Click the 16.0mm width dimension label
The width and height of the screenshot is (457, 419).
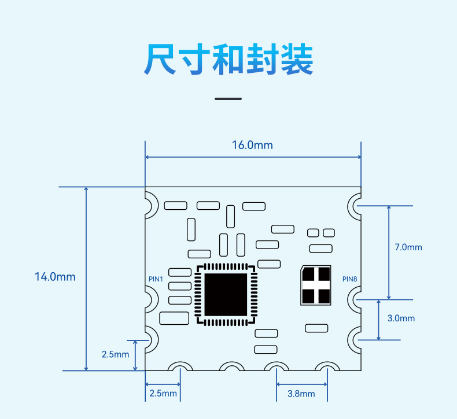(252, 145)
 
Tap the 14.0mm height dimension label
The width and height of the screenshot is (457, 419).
(55, 277)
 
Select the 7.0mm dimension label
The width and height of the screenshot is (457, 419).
(408, 247)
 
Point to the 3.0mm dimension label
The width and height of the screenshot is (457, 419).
(401, 318)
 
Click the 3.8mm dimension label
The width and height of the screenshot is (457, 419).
(301, 394)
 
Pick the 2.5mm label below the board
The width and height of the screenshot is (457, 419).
(163, 394)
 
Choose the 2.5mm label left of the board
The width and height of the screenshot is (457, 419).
(116, 354)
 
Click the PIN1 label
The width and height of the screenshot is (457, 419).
(156, 279)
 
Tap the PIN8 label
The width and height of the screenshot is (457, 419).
(350, 279)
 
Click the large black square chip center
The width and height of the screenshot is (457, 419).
(226, 294)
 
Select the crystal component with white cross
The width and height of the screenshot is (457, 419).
(316, 285)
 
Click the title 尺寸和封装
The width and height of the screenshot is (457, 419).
(228, 59)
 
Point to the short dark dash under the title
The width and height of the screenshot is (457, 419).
(228, 99)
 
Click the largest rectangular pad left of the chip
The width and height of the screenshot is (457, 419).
(174, 318)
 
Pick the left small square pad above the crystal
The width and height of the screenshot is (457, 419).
(313, 233)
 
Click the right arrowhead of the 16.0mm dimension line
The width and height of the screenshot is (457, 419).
(359, 157)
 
